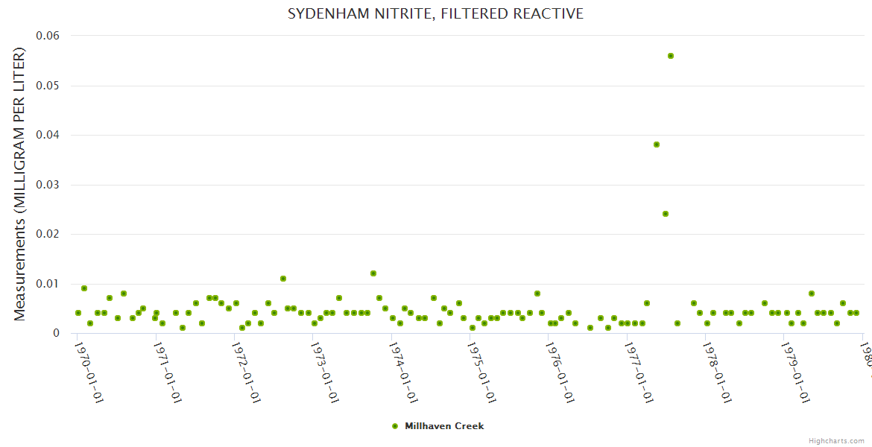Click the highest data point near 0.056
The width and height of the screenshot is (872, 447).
(x=671, y=56)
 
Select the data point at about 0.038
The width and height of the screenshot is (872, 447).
(x=657, y=145)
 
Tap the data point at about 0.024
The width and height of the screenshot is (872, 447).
(x=666, y=214)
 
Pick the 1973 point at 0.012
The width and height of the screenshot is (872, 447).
(x=373, y=273)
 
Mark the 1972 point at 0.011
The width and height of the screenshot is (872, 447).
(x=283, y=279)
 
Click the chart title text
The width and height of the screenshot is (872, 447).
(x=435, y=14)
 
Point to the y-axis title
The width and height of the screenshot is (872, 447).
(x=20, y=184)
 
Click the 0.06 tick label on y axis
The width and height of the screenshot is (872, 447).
(x=48, y=36)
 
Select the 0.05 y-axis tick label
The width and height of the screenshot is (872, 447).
(x=48, y=86)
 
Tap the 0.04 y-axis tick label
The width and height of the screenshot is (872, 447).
(x=48, y=135)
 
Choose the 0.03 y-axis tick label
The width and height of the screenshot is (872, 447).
(x=48, y=185)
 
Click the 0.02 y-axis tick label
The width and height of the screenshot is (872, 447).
(x=48, y=234)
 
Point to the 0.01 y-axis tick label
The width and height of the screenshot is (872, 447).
(x=48, y=284)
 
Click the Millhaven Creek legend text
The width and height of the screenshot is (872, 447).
(x=444, y=426)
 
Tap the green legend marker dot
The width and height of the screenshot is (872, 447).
(x=395, y=426)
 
